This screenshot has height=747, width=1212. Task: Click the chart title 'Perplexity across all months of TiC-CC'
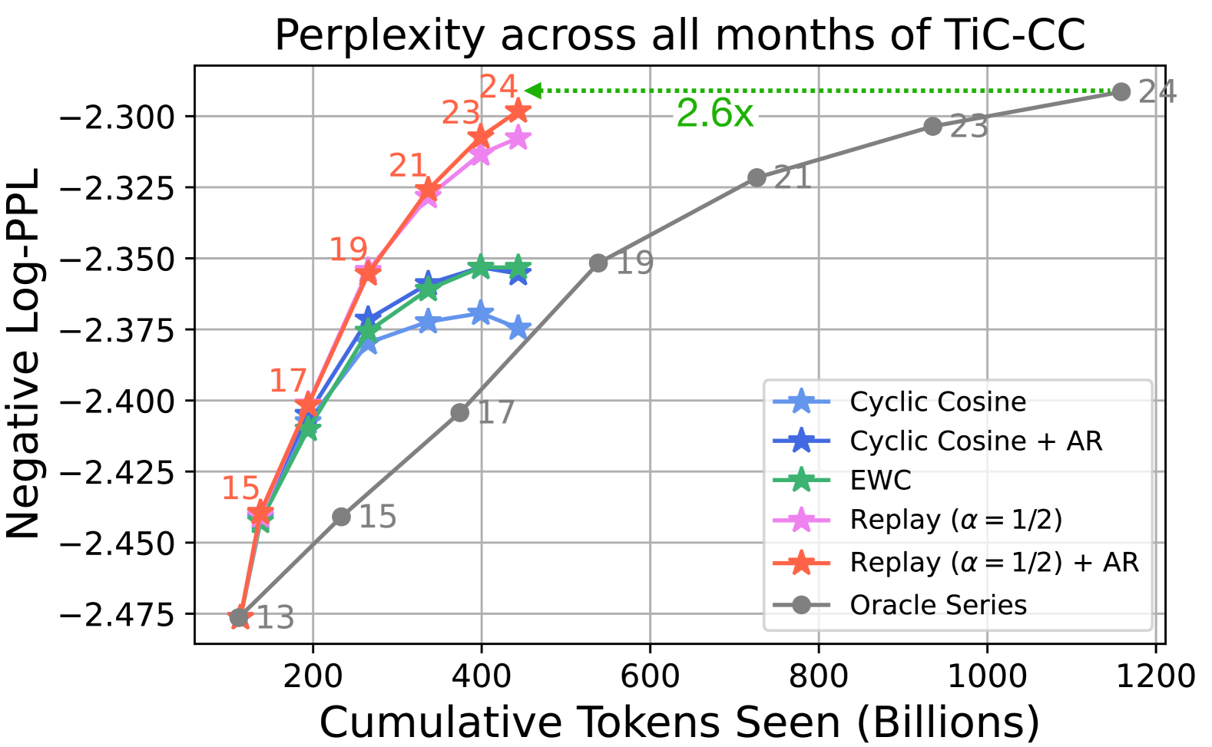[680, 35]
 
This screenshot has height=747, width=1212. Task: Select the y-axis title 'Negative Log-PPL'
[23, 353]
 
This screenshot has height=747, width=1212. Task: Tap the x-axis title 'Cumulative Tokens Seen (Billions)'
[679, 722]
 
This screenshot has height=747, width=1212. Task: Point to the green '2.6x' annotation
[714, 114]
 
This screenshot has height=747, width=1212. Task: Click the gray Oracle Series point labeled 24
[1121, 92]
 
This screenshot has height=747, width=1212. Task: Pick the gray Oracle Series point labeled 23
[932, 126]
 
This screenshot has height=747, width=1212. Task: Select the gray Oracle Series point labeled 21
[757, 177]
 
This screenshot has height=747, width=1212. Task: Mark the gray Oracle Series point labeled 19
[598, 263]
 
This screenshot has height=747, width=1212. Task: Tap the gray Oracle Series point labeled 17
[459, 413]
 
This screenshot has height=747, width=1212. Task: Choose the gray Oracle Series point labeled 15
[342, 517]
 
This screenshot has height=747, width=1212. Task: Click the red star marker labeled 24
[518, 111]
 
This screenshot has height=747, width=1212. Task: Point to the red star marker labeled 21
[428, 190]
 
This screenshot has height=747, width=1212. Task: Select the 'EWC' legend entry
[880, 481]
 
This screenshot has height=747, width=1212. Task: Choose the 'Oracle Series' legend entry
[938, 605]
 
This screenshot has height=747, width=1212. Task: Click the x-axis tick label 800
[818, 676]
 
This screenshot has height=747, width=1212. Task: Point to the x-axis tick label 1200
[1155, 676]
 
